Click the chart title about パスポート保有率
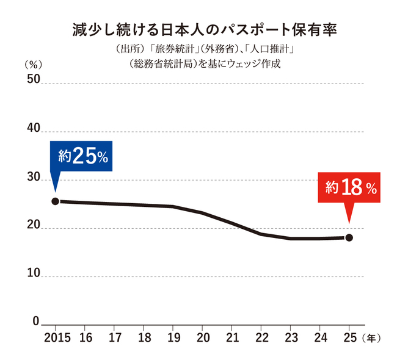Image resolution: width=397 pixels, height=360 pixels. pyautogui.click(x=205, y=30)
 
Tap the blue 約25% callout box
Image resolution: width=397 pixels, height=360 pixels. pyautogui.click(x=81, y=156)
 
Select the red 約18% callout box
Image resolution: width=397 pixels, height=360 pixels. pyautogui.click(x=349, y=187)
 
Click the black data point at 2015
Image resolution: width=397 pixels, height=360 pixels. pyautogui.click(x=56, y=201)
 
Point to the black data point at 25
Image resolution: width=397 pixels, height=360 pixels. pyautogui.click(x=349, y=237)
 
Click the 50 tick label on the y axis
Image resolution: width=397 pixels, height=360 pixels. pyautogui.click(x=34, y=79)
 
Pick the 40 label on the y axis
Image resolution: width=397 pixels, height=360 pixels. pyautogui.click(x=34, y=128)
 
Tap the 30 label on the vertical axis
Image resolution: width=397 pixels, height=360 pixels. pyautogui.click(x=34, y=176)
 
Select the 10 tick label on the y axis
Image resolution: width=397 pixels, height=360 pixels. pyautogui.click(x=34, y=273)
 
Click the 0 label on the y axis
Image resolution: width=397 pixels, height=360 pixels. pyautogui.click(x=36, y=322)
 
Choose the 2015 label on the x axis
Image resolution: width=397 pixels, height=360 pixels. pyautogui.click(x=57, y=338)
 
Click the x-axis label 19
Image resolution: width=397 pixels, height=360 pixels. pyautogui.click(x=173, y=338)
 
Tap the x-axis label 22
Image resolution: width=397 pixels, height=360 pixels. pyautogui.click(x=261, y=338)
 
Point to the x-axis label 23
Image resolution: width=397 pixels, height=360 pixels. pyautogui.click(x=291, y=338)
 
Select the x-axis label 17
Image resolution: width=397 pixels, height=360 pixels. pyautogui.click(x=115, y=338)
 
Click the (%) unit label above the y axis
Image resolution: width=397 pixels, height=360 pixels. pyautogui.click(x=33, y=65)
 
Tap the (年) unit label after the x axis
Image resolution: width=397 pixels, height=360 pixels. pyautogui.click(x=371, y=338)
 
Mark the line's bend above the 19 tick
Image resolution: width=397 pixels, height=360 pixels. pyautogui.click(x=173, y=207)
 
